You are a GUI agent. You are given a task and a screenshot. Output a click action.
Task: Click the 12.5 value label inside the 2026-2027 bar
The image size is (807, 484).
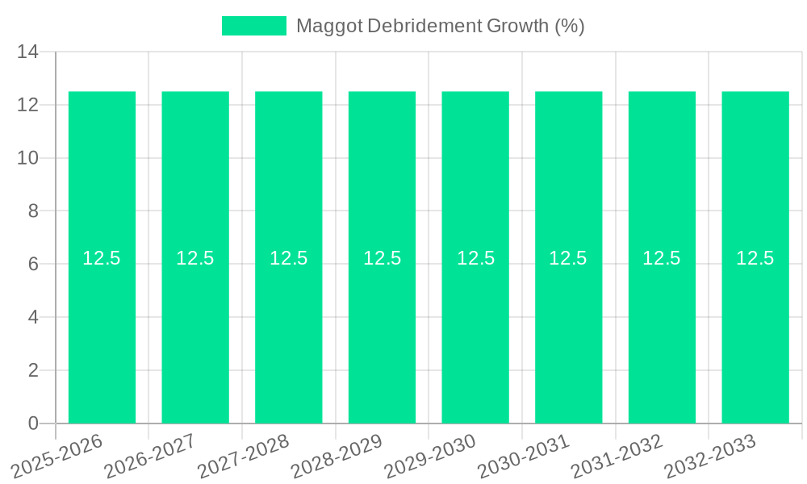tap(195, 258)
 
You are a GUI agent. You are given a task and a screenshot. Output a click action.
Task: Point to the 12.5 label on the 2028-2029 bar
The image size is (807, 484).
tap(383, 258)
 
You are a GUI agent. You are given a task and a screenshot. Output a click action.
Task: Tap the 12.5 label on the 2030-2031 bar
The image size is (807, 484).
tap(568, 258)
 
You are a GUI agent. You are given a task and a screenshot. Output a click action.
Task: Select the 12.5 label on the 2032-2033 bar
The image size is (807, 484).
tap(755, 258)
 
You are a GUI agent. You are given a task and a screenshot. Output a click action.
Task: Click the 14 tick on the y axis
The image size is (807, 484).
tap(28, 52)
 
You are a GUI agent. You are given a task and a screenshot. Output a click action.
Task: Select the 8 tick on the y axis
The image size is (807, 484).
tap(33, 211)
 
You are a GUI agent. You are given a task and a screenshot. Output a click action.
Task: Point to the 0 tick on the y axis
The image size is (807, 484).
tap(33, 423)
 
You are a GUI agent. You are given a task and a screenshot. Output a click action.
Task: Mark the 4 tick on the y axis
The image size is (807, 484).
tap(33, 317)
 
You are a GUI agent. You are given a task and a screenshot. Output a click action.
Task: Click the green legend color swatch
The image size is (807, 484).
tap(254, 26)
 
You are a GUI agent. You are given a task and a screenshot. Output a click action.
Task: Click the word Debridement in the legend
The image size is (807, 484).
tap(425, 26)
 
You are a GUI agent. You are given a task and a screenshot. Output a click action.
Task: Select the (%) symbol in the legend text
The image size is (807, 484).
tap(570, 26)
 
